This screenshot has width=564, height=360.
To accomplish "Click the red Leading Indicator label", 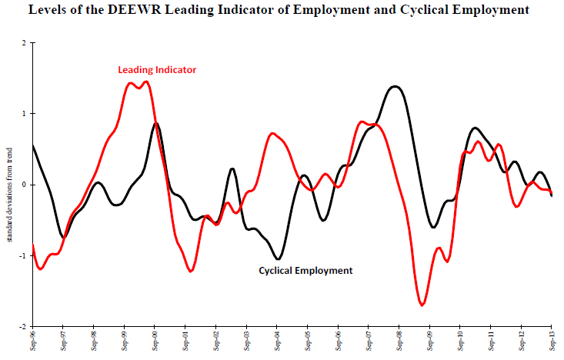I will (157, 70).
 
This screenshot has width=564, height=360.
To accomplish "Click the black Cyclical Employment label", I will (305, 271).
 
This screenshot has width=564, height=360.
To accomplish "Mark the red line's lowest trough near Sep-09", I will (422, 305).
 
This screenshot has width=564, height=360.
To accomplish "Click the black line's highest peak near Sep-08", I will (395, 86).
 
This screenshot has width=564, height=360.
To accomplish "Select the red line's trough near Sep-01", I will (190, 271).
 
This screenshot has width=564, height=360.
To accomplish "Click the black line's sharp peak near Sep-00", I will (156, 123).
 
